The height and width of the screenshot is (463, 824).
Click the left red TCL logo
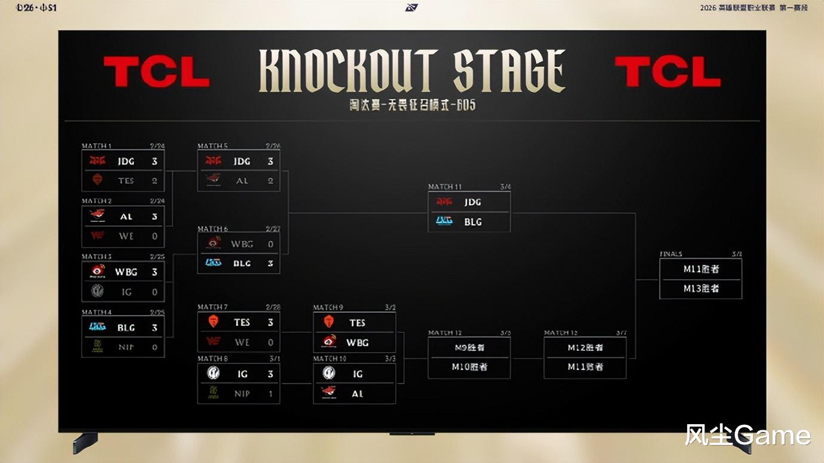pyautogui.click(x=156, y=72)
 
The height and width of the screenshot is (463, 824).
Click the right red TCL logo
pyautogui.click(x=668, y=72)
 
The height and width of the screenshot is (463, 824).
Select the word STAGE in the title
pyautogui.click(x=509, y=72)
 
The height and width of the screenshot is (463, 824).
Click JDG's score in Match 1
pyautogui.click(x=155, y=161)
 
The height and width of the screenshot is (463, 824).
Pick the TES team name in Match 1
pyautogui.click(x=126, y=180)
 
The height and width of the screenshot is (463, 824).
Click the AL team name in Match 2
pyautogui.click(x=126, y=217)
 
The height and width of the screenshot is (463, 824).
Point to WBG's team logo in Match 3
pyautogui.click(x=97, y=271)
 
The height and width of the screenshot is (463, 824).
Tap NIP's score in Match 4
pyautogui.click(x=155, y=347)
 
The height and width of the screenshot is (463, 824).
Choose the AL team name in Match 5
pyautogui.click(x=242, y=180)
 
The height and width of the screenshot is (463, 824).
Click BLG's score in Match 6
pyautogui.click(x=270, y=263)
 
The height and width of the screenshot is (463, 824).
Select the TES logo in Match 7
pyautogui.click(x=213, y=322)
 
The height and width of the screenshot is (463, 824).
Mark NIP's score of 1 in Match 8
pyautogui.click(x=270, y=394)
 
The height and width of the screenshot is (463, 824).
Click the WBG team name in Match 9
pyautogui.click(x=357, y=342)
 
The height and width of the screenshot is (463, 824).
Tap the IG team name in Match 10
pyautogui.click(x=357, y=374)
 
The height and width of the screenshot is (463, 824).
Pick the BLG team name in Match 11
pyautogui.click(x=473, y=222)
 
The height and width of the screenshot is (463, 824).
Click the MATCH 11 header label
pyautogui.click(x=445, y=187)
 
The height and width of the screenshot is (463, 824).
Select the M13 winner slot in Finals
pyautogui.click(x=701, y=289)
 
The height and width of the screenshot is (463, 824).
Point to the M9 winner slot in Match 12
pyautogui.click(x=469, y=347)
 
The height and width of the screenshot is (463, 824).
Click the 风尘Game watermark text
pyautogui.click(x=748, y=435)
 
